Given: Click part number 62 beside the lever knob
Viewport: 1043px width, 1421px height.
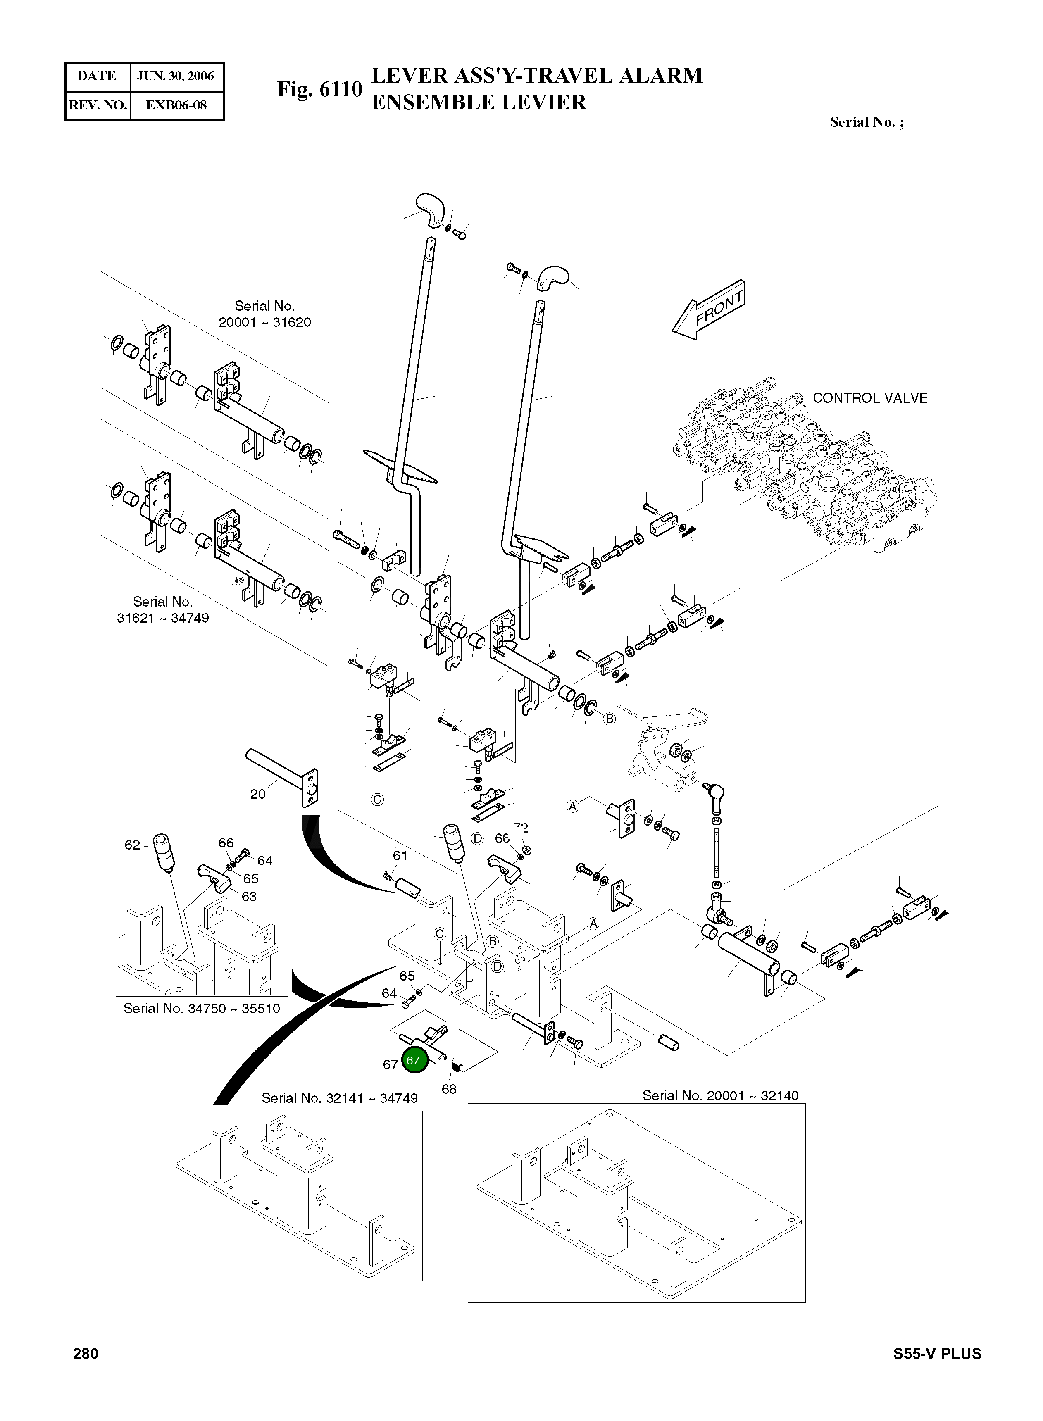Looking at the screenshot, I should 132,845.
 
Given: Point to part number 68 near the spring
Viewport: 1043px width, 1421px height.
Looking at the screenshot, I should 449,1089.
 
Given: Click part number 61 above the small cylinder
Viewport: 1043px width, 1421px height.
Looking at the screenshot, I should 400,855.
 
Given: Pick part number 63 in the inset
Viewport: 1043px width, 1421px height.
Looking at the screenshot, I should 249,896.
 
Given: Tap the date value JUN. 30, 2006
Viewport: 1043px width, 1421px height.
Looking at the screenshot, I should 176,76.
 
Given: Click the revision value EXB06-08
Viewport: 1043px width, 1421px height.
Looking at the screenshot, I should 176,105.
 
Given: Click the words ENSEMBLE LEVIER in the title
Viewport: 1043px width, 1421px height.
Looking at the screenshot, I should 479,102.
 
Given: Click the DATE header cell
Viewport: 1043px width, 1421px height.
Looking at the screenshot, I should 97,76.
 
